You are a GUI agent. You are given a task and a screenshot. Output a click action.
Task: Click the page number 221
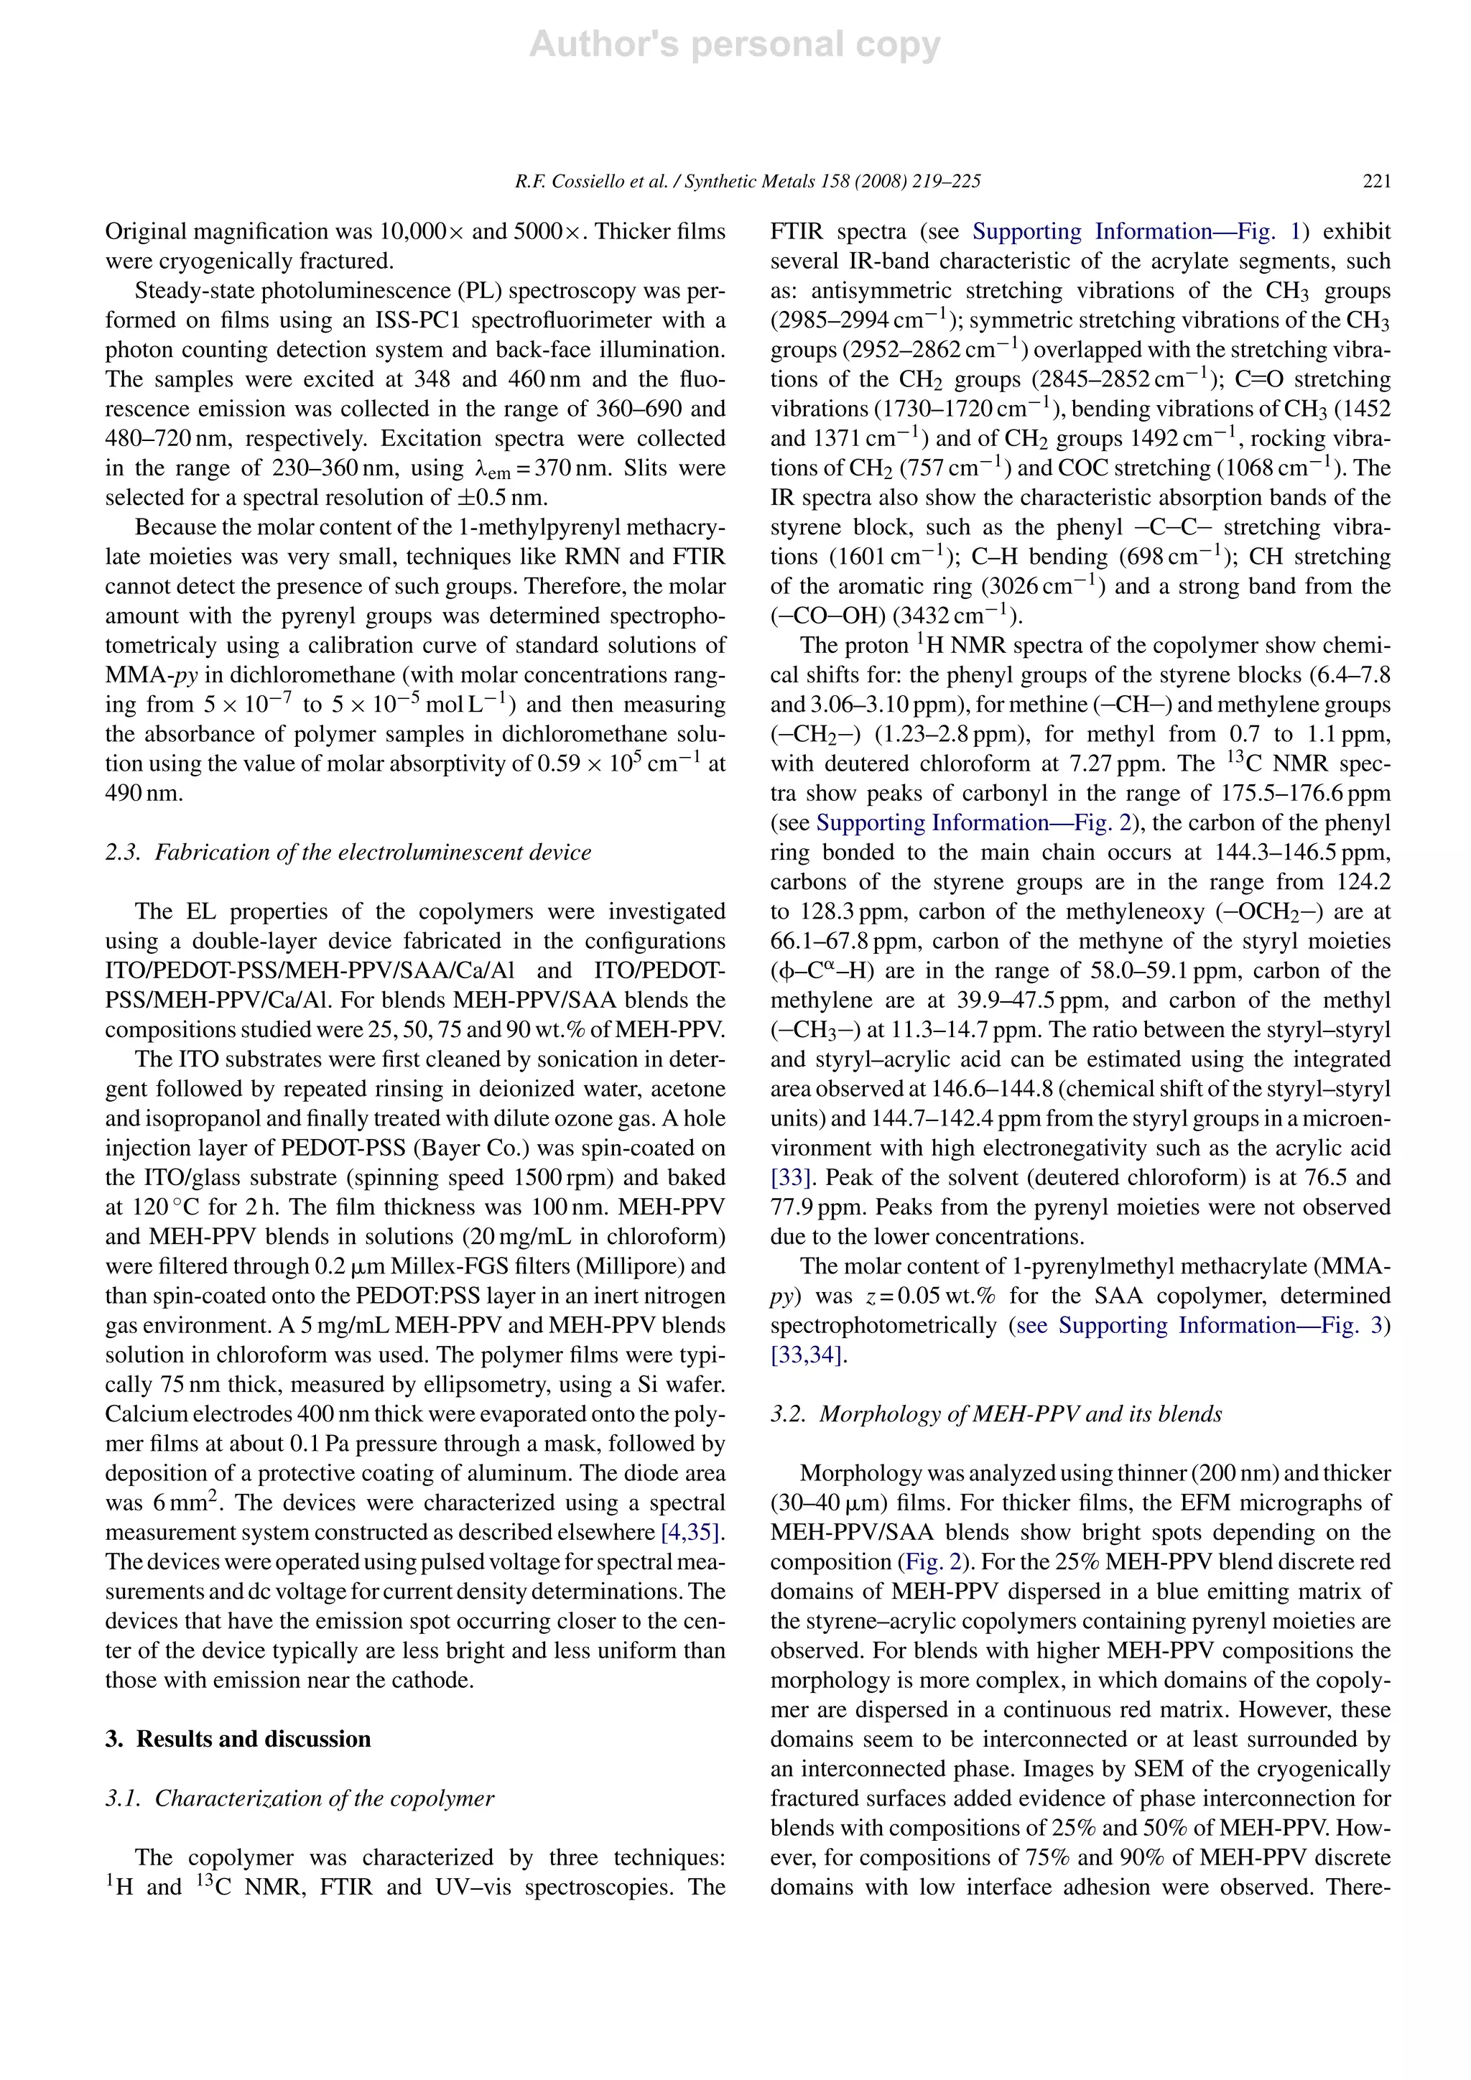pyautogui.click(x=1376, y=181)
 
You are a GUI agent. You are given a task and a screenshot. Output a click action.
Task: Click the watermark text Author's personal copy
pyautogui.click(x=735, y=45)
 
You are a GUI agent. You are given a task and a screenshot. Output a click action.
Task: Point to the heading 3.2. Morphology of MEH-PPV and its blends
pyautogui.click(x=996, y=1414)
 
